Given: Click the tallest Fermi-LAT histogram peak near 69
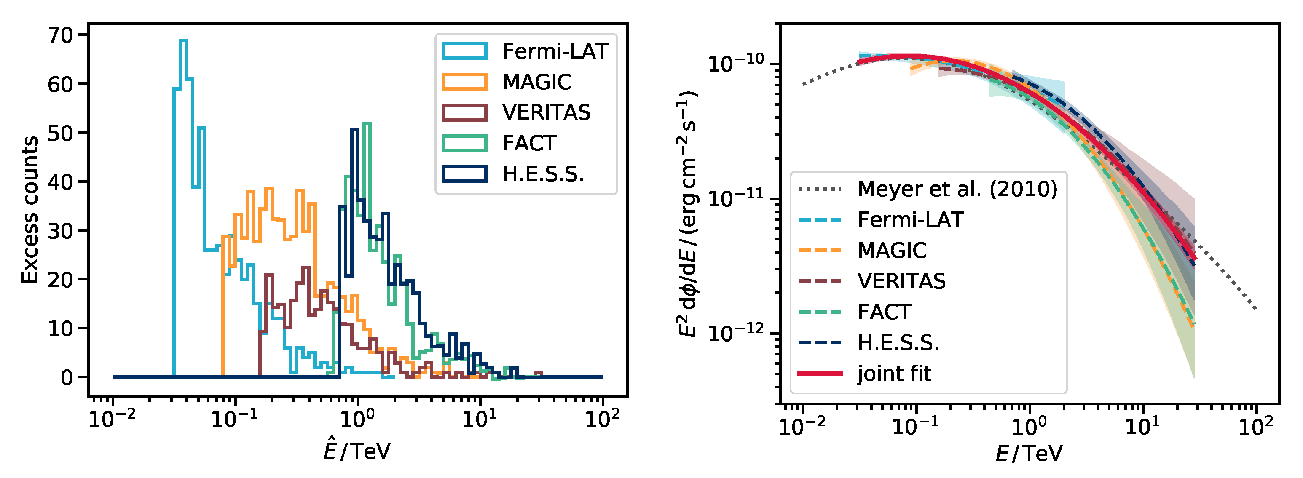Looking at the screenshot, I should coord(184,41).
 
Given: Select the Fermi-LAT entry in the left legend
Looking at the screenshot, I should coord(555,51).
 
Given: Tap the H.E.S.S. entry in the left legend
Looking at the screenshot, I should coord(543,174).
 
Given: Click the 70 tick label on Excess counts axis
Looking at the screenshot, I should coord(61,35).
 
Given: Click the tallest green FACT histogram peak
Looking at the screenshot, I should coord(368,124).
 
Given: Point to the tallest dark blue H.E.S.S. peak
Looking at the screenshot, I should coord(354,131).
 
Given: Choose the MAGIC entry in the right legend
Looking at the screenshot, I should coord(892,251).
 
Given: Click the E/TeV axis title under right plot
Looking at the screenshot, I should coord(1030,453).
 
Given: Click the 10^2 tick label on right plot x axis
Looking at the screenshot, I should coord(1255,427).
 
